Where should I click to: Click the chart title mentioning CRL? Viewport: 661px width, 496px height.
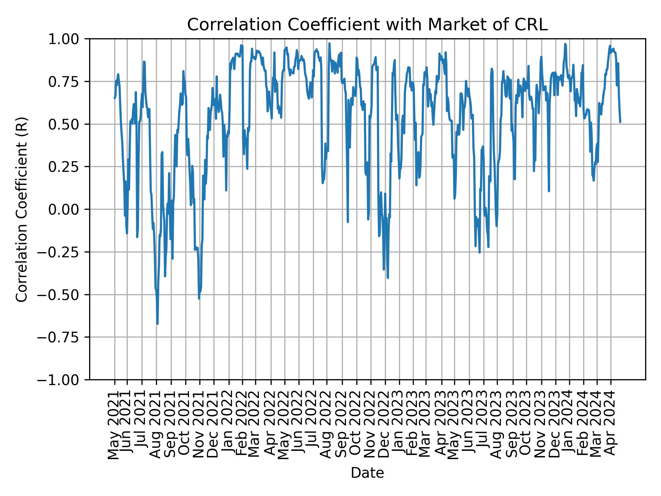tap(367, 25)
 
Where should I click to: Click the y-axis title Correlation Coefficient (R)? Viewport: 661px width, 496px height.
tap(22, 209)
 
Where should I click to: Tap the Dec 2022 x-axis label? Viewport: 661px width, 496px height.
tap(385, 424)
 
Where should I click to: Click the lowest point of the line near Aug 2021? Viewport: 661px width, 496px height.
tap(157, 324)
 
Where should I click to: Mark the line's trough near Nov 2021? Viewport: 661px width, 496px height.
tap(199, 298)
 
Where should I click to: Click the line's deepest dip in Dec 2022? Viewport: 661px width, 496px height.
tap(388, 278)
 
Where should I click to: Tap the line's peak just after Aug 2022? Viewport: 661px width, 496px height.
tap(329, 43)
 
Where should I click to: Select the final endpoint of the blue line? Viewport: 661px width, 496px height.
tap(620, 122)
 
